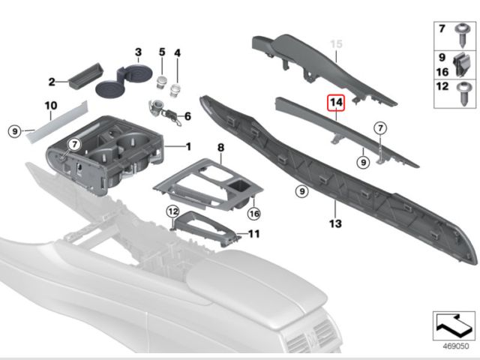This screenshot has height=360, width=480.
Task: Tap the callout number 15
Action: click(x=337, y=44)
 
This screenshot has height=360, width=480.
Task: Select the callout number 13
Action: click(x=334, y=223)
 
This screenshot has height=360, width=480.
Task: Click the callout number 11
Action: click(x=254, y=234)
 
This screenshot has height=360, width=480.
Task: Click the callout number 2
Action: click(x=52, y=82)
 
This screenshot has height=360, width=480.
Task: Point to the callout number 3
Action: click(x=138, y=52)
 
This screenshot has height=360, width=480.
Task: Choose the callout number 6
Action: click(x=187, y=116)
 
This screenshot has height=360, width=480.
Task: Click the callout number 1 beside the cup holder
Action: click(x=188, y=145)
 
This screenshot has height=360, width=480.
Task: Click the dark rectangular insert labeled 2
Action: click(x=79, y=77)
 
